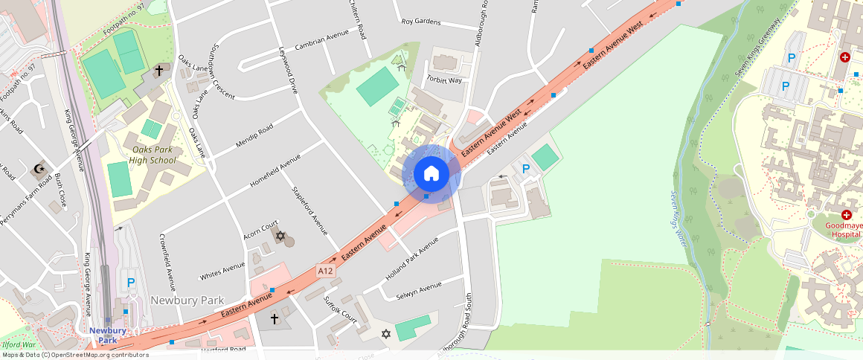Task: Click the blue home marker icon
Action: pyautogui.click(x=431, y=174)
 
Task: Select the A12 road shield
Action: pyautogui.click(x=325, y=270)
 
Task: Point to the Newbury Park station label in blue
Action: pyautogui.click(x=107, y=335)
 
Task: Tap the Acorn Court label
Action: pyautogui.click(x=260, y=229)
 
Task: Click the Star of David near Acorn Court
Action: pyautogui.click(x=280, y=237)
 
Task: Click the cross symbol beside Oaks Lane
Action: pyautogui.click(x=158, y=71)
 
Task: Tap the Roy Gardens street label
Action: pyautogui.click(x=421, y=22)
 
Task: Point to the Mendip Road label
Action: pyautogui.click(x=254, y=136)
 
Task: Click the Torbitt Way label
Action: pyautogui.click(x=445, y=80)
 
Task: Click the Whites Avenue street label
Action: pyautogui.click(x=222, y=271)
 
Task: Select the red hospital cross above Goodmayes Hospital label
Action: pyautogui.click(x=846, y=214)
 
